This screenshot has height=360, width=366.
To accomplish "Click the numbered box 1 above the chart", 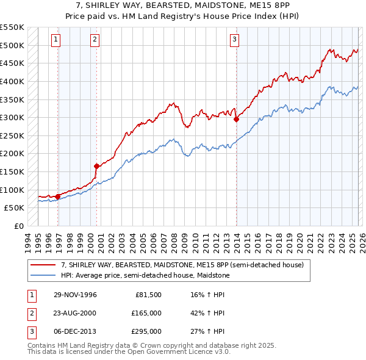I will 56,40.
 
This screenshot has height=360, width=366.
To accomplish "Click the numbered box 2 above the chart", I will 95,40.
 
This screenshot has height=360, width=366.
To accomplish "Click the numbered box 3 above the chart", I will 234,40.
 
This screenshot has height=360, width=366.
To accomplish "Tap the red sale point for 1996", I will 58,196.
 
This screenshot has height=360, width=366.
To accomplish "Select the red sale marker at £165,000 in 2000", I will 97,166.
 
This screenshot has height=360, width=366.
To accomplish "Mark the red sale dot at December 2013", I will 236,120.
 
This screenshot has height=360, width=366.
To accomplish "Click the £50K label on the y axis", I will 15,208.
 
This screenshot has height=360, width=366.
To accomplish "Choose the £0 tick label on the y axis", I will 18,226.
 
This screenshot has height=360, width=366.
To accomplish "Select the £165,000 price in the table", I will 146,313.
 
